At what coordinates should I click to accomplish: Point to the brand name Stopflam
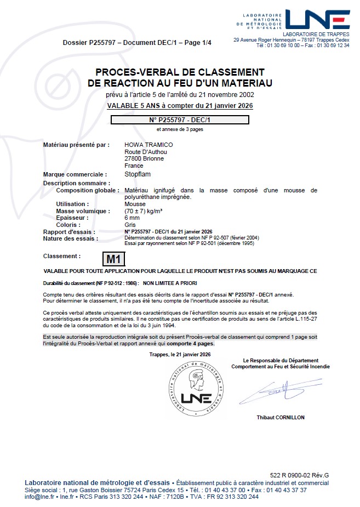138,174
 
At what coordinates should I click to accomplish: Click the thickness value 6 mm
132,218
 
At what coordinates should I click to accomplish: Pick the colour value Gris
130,225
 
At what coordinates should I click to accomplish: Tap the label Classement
61,256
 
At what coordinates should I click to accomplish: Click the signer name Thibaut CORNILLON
281,418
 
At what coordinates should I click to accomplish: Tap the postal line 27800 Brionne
144,158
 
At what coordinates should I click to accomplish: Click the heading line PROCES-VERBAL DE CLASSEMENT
180,72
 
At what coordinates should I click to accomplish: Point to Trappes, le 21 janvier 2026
180,355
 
